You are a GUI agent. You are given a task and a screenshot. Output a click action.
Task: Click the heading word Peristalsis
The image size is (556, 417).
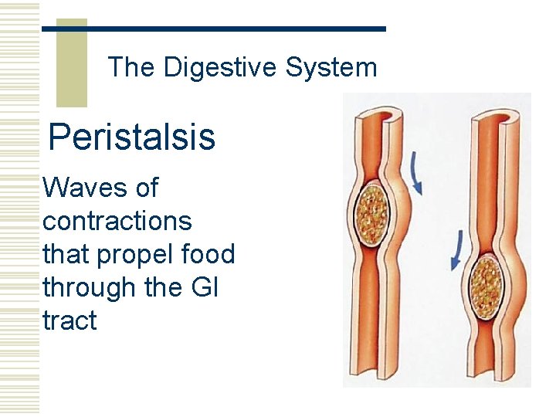[x=131, y=137]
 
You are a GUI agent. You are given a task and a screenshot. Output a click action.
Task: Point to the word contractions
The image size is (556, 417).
[x=117, y=221]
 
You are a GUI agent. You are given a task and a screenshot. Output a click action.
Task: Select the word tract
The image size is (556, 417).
[x=69, y=320]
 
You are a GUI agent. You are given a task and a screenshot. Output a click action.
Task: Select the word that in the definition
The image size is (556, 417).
[x=65, y=254]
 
